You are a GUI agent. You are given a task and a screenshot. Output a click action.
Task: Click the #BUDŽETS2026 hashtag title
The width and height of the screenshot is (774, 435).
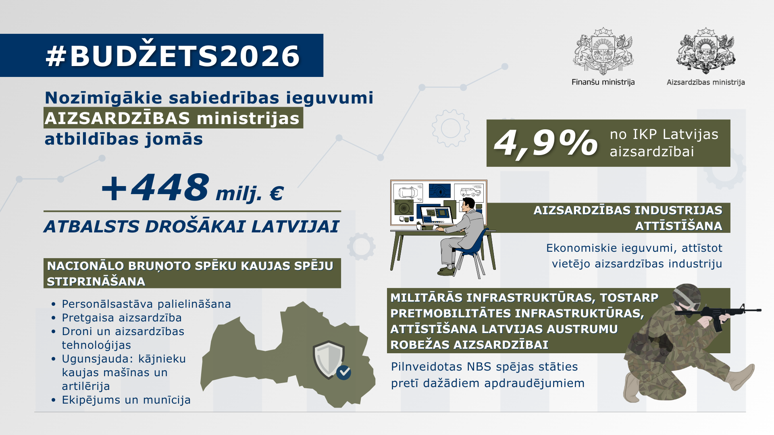pos(173,56)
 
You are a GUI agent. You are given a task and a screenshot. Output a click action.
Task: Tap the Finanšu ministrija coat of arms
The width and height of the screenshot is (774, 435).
pos(603,51)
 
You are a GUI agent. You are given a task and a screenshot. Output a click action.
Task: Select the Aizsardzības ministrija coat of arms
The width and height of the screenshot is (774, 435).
pos(706,51)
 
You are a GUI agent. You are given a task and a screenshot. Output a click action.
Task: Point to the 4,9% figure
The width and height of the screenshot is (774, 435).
pos(546,143)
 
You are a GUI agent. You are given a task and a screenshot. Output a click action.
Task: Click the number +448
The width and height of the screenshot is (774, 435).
pos(156,188)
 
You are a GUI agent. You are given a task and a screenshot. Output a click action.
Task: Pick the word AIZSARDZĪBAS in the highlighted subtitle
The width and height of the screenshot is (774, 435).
pos(117,118)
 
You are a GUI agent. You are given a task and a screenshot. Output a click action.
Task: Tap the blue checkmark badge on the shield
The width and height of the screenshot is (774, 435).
pos(344,373)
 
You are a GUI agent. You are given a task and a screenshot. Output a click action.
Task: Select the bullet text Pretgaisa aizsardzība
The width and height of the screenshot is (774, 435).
pos(122,318)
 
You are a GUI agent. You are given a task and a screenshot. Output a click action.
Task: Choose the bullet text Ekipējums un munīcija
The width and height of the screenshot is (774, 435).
pos(126,400)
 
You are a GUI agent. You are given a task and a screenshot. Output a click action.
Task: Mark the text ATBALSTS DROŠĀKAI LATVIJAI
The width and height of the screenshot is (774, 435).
pos(191,226)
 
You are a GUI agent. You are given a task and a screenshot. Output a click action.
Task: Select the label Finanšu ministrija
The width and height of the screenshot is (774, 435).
pos(603,82)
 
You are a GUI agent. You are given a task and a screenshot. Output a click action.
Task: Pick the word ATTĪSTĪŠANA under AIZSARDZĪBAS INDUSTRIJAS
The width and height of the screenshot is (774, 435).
pos(678,226)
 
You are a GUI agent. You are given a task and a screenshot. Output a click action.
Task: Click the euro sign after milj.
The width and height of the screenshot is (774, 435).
pos(276,194)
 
